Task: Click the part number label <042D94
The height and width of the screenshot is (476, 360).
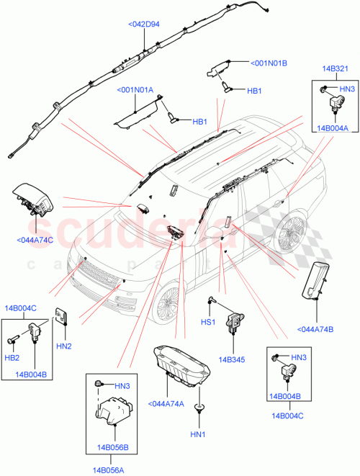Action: pyautogui.click(x=144, y=24)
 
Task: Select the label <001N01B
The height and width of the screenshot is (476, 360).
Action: pyautogui.click(x=269, y=63)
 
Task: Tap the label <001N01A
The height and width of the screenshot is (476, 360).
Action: pyautogui.click(x=135, y=90)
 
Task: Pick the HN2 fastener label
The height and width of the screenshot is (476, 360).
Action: pyautogui.click(x=63, y=347)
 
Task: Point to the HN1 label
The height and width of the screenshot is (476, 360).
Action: pyautogui.click(x=197, y=434)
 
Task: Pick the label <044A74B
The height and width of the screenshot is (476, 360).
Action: pyautogui.click(x=314, y=330)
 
